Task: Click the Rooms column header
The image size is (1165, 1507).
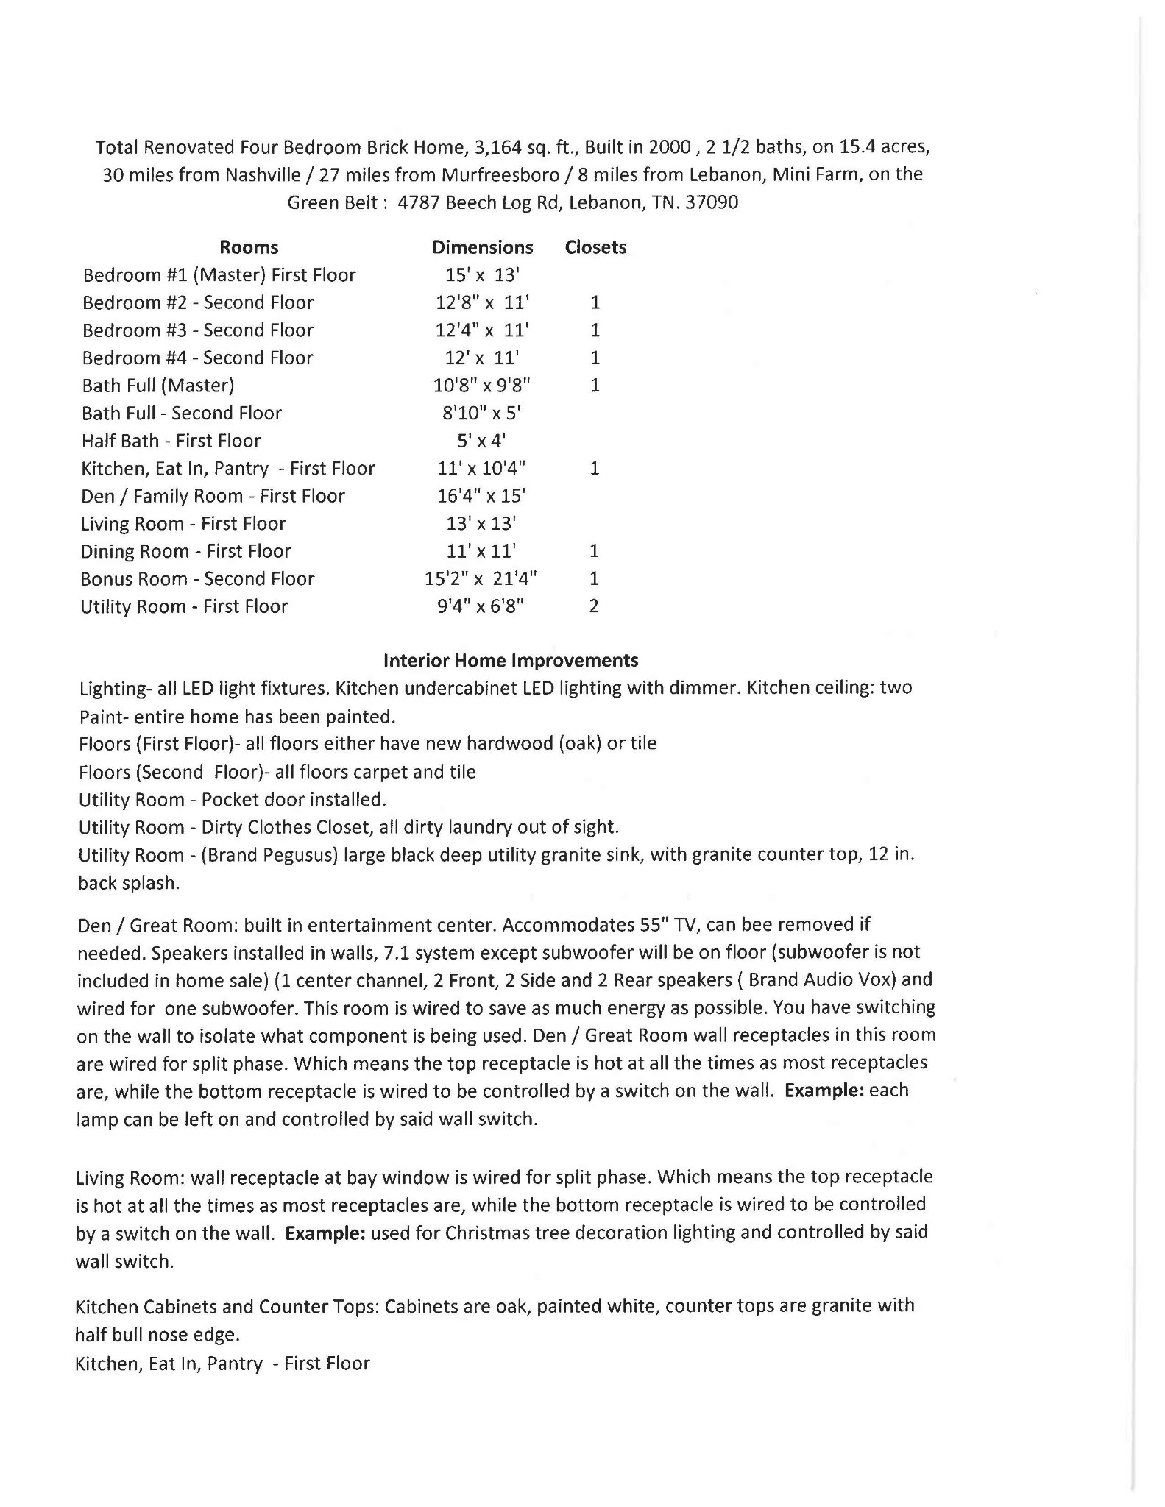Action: [x=249, y=247]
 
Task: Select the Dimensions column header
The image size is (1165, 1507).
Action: [x=482, y=247]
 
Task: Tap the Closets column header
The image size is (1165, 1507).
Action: [x=595, y=247]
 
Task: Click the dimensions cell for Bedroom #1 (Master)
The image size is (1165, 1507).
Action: [x=482, y=275]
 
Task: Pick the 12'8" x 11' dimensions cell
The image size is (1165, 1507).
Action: [x=482, y=302]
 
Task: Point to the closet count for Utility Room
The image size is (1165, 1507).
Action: [x=594, y=606]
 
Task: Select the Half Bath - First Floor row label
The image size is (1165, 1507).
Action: [x=171, y=441]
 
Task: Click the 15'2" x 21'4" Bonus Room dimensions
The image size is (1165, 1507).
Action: [x=481, y=578]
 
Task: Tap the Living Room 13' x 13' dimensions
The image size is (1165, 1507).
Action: [x=481, y=523]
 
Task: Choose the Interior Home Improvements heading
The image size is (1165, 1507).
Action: [x=511, y=660]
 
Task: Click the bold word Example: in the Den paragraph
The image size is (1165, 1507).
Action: [x=824, y=1090]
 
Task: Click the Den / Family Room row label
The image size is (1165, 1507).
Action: [x=213, y=496]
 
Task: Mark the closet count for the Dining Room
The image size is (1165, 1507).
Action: [x=594, y=551]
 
